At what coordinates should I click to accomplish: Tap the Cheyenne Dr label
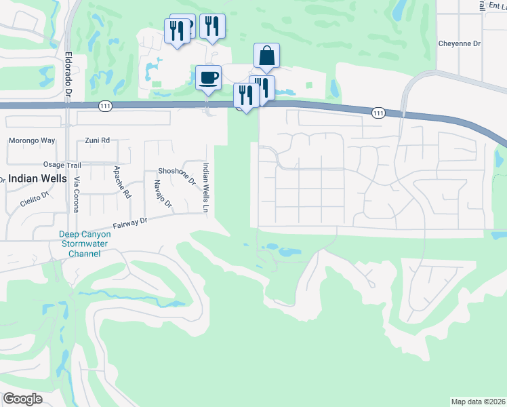[460, 43]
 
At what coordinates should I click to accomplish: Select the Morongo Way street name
[31, 141]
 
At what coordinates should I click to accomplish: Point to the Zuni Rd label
[97, 140]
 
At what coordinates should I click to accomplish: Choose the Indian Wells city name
[37, 179]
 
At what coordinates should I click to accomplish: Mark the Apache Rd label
[122, 181]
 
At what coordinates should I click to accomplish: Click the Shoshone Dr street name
[176, 176]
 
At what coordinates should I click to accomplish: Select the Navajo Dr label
[163, 194]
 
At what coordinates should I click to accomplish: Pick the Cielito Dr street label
[35, 197]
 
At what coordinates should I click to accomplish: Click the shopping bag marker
[267, 56]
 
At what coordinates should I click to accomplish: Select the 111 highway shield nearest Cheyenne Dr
[378, 113]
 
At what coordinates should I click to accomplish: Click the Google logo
[22, 399]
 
